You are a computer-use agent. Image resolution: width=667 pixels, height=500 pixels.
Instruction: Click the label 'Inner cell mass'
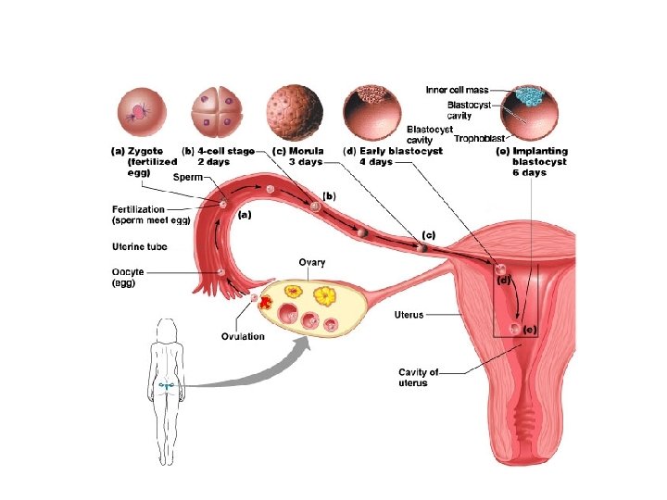pos(456,90)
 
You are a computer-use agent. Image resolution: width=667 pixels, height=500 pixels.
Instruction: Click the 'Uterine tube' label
pos(139,246)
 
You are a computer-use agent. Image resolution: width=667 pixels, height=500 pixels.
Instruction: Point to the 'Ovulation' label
pos(243,335)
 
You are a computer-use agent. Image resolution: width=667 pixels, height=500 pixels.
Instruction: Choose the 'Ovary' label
pos(311,263)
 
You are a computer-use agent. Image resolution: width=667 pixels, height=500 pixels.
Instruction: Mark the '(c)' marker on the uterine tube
pos(428,235)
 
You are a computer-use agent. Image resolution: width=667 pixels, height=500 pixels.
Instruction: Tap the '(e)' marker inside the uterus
pos(530,330)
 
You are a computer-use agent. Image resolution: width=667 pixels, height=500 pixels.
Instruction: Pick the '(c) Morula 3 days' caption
pos(296,156)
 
